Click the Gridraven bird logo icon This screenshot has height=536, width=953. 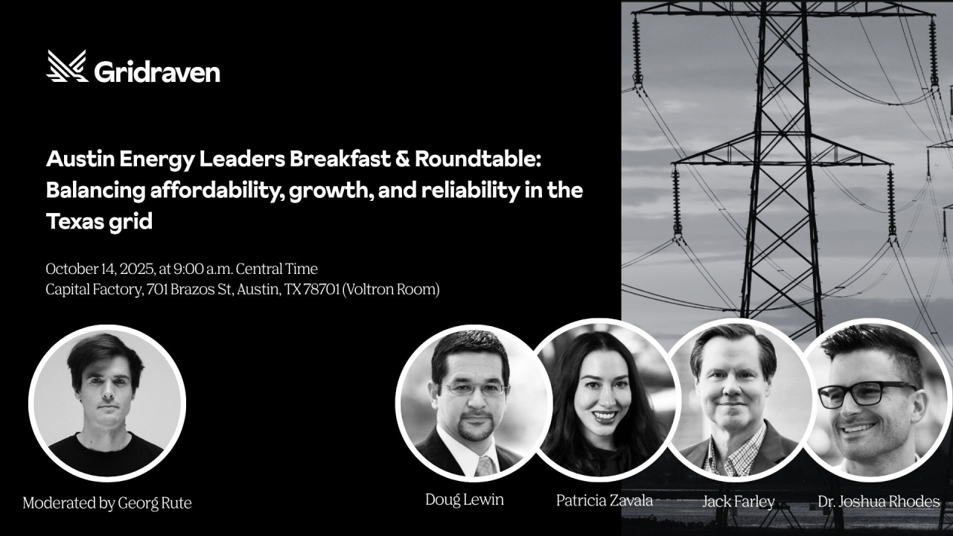point(67,66)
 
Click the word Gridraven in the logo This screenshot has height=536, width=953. point(157,71)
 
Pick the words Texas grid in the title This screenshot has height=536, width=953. point(99,222)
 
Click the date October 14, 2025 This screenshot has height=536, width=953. point(100,269)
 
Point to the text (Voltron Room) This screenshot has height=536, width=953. point(391,290)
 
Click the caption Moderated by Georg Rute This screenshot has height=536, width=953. point(107,502)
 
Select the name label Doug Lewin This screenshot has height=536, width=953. point(465,500)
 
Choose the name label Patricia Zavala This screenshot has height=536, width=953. point(605,500)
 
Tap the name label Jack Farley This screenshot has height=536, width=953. point(739,502)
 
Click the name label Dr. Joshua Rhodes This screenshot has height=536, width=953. point(879,502)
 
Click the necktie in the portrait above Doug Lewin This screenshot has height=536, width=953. point(485,466)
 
